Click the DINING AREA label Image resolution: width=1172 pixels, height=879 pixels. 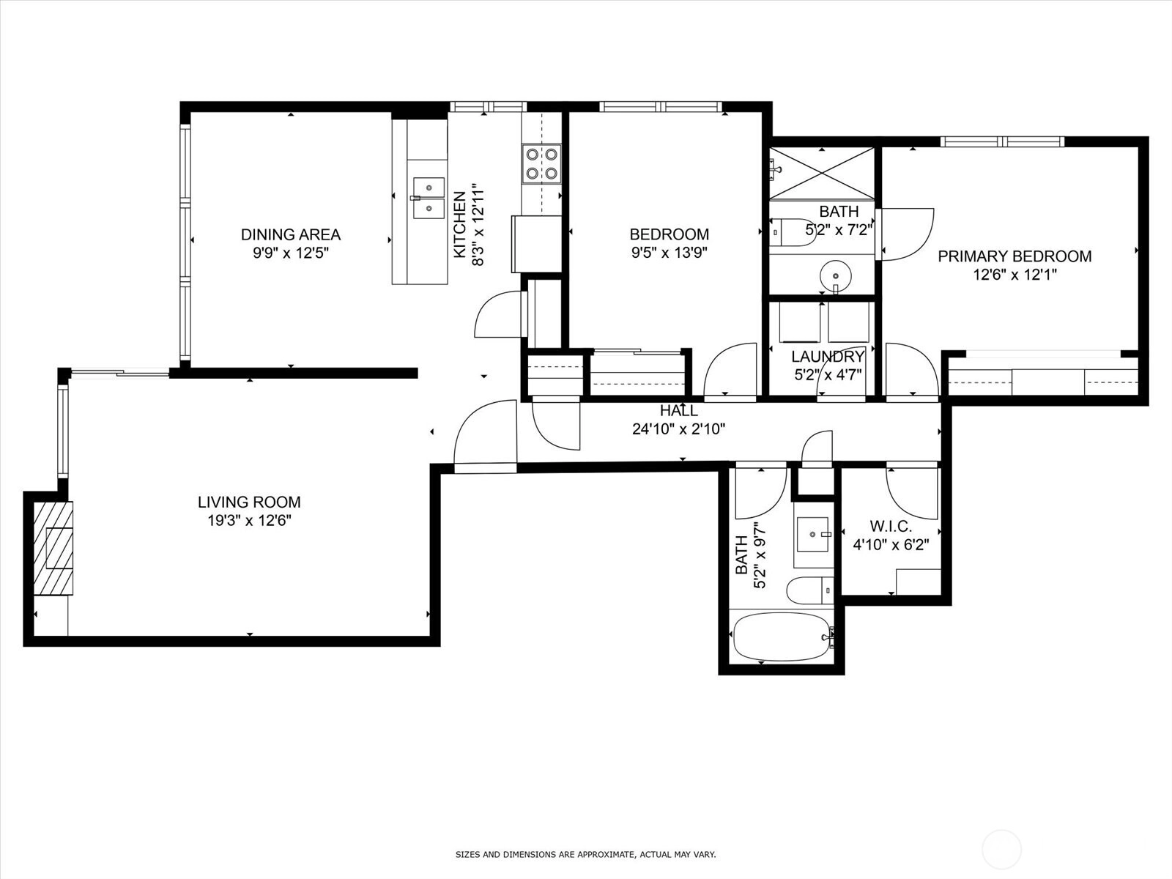[291, 234]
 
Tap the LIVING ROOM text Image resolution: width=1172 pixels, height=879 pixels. [249, 502]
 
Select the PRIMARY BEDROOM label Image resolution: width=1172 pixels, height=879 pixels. [1015, 256]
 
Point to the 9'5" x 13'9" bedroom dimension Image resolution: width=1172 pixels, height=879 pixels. [669, 253]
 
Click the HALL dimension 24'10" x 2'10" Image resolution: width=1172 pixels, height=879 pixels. [678, 429]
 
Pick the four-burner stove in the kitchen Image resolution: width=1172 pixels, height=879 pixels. [542, 164]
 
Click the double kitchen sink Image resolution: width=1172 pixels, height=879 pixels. [429, 198]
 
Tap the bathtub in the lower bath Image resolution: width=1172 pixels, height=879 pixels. [783, 637]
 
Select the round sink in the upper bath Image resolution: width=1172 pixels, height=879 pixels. [835, 276]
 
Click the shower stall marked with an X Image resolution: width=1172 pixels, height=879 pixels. [822, 174]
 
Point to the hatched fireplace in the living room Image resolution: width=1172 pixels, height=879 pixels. [53, 548]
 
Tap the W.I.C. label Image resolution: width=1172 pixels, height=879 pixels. [891, 527]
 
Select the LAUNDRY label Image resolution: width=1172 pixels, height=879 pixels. [828, 356]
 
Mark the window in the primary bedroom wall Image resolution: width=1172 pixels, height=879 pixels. [1001, 141]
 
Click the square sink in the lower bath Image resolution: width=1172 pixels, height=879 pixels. [812, 534]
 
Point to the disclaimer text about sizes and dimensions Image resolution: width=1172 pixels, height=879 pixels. [585, 854]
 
